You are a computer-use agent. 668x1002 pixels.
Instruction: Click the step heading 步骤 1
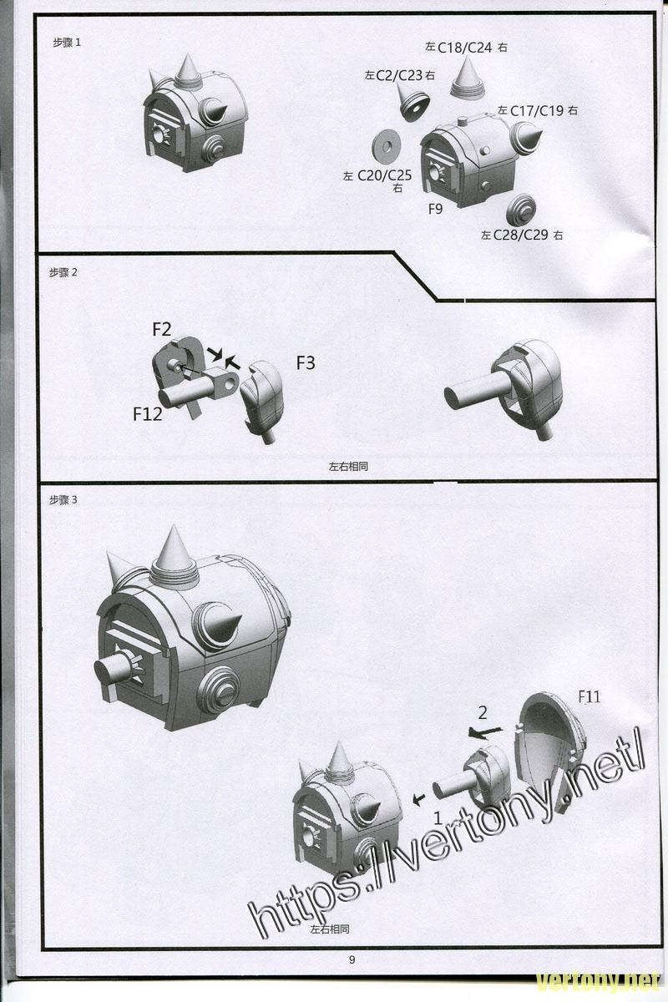(x=67, y=43)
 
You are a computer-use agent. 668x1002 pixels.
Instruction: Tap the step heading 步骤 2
(x=63, y=272)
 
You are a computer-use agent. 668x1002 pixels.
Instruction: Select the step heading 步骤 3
(x=63, y=499)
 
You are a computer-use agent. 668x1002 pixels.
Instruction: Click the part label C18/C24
(x=465, y=48)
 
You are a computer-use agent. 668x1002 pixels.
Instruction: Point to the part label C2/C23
(x=399, y=75)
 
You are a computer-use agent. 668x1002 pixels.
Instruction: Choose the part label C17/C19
(x=537, y=110)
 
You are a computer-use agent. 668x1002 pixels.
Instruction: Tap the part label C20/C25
(x=384, y=175)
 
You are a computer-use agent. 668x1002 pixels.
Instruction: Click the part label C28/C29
(x=521, y=235)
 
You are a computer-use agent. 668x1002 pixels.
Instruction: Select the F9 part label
(x=435, y=209)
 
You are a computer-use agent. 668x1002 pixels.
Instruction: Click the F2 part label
(x=161, y=329)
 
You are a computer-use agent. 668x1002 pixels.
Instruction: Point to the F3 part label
(x=306, y=362)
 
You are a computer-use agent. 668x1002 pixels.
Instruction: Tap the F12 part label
(x=147, y=414)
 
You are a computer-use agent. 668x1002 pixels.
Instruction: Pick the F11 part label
(x=590, y=696)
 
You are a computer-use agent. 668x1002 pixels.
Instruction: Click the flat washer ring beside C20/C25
(x=386, y=146)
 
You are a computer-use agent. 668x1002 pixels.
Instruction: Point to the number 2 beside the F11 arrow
(x=483, y=712)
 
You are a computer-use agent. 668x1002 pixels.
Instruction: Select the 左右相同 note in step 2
(x=348, y=467)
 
